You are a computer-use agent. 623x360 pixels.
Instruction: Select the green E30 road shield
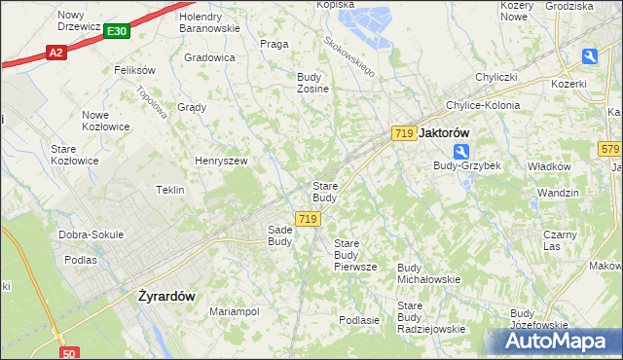(115, 32)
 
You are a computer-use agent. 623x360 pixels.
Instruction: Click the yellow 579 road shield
(610, 149)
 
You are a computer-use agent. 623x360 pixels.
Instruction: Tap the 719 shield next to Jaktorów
(405, 132)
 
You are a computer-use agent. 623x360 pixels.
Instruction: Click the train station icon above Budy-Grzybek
(461, 151)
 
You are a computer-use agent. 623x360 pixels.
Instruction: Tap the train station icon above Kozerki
(590, 57)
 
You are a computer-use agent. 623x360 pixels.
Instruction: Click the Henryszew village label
(222, 161)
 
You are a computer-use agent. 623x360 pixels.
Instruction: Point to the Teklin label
(170, 190)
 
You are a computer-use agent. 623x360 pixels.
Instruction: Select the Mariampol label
(234, 311)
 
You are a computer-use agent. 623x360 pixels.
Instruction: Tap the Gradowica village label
(209, 57)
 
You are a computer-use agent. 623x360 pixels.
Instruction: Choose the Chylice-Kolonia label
(482, 105)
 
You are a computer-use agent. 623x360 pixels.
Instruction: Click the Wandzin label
(558, 193)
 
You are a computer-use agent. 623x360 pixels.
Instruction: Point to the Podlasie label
(358, 319)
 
